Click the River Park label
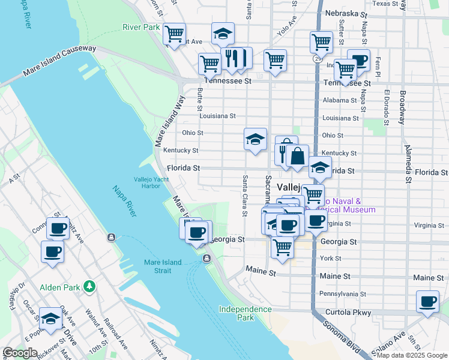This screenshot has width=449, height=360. pyautogui.click(x=140, y=27)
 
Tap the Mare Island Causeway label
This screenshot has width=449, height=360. pyautogui.click(x=59, y=61)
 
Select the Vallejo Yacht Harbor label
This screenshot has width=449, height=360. pyautogui.click(x=147, y=183)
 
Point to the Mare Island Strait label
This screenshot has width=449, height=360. pyautogui.click(x=166, y=266)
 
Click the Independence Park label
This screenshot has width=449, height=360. pyautogui.click(x=245, y=313)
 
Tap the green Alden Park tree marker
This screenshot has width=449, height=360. pyautogui.click(x=90, y=286)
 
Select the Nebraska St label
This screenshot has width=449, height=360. pyautogui.click(x=345, y=13)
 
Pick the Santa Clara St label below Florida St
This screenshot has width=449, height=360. pyautogui.click(x=245, y=196)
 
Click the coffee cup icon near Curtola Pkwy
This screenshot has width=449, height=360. pyautogui.click(x=427, y=301)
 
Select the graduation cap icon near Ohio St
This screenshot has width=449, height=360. pyautogui.click(x=255, y=139)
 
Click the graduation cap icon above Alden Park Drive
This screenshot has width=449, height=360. pyautogui.click(x=50, y=318)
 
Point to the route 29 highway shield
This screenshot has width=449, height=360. pyautogui.click(x=316, y=58)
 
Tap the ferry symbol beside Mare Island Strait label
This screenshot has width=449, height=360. pyautogui.click(x=206, y=259)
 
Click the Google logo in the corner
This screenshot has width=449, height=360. pyautogui.click(x=20, y=353)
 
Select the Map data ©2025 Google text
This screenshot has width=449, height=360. pyautogui.click(x=412, y=355)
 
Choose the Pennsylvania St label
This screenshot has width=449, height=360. pyautogui.click(x=342, y=294)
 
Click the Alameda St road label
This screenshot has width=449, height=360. pyautogui.click(x=408, y=162)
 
